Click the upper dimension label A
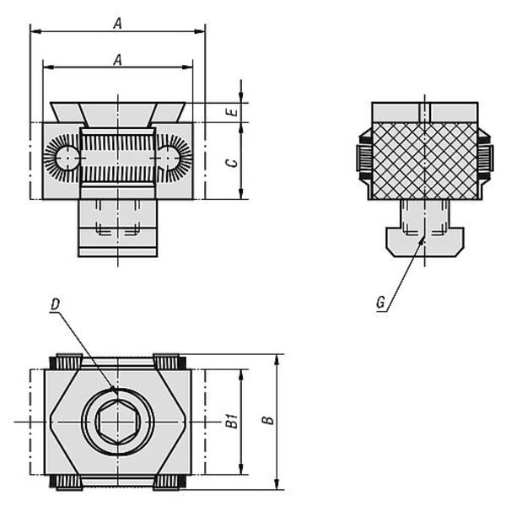click(x=118, y=24)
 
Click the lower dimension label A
click(x=118, y=60)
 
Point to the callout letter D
click(x=55, y=304)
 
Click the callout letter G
click(x=381, y=303)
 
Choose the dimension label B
click(x=268, y=421)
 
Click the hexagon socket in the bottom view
click(x=118, y=422)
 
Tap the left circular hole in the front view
click(x=67, y=158)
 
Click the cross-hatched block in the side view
click(x=425, y=161)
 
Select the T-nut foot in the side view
click(x=425, y=242)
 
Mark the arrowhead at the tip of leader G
click(x=423, y=240)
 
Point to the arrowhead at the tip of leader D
click(x=113, y=389)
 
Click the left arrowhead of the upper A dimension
click(x=35, y=31)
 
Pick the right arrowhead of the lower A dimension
click(x=187, y=67)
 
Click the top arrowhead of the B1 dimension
click(x=240, y=375)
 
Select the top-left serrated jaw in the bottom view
click(x=66, y=362)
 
